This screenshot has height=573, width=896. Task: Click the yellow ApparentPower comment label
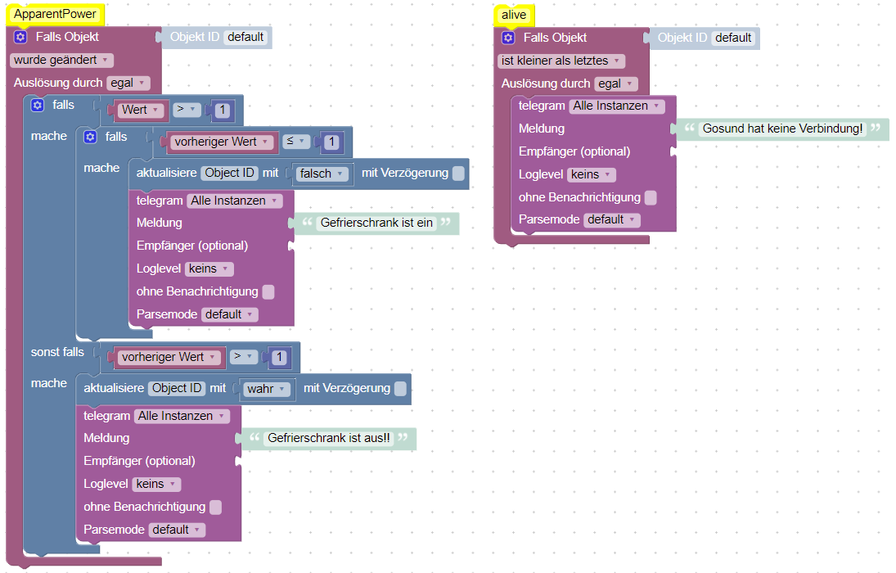pyautogui.click(x=56, y=14)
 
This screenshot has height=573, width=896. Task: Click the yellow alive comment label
pyautogui.click(x=514, y=15)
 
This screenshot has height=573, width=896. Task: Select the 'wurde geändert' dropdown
pyautogui.click(x=61, y=60)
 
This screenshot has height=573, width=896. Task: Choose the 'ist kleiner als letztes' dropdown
pyautogui.click(x=561, y=61)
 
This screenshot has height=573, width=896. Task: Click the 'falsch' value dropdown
pyautogui.click(x=321, y=174)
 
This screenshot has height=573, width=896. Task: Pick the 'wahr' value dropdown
pyautogui.click(x=266, y=389)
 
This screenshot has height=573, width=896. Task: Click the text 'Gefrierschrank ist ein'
pyautogui.click(x=376, y=223)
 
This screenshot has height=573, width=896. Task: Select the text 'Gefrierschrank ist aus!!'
pyautogui.click(x=329, y=438)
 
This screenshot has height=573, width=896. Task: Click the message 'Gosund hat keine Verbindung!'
pyautogui.click(x=783, y=129)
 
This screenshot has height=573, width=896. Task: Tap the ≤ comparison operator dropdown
pyautogui.click(x=296, y=142)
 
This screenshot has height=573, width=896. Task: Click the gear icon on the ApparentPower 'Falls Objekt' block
pyautogui.click(x=20, y=37)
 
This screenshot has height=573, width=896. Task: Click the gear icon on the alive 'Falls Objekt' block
pyautogui.click(x=508, y=38)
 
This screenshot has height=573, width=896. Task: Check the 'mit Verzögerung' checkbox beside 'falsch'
pyautogui.click(x=458, y=174)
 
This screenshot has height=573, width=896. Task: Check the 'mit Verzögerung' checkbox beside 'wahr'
pyautogui.click(x=401, y=389)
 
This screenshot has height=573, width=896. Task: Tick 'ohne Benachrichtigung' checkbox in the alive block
pyautogui.click(x=651, y=198)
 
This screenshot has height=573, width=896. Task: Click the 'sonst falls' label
pyautogui.click(x=57, y=352)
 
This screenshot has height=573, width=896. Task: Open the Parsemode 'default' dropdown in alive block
pyautogui.click(x=611, y=220)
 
